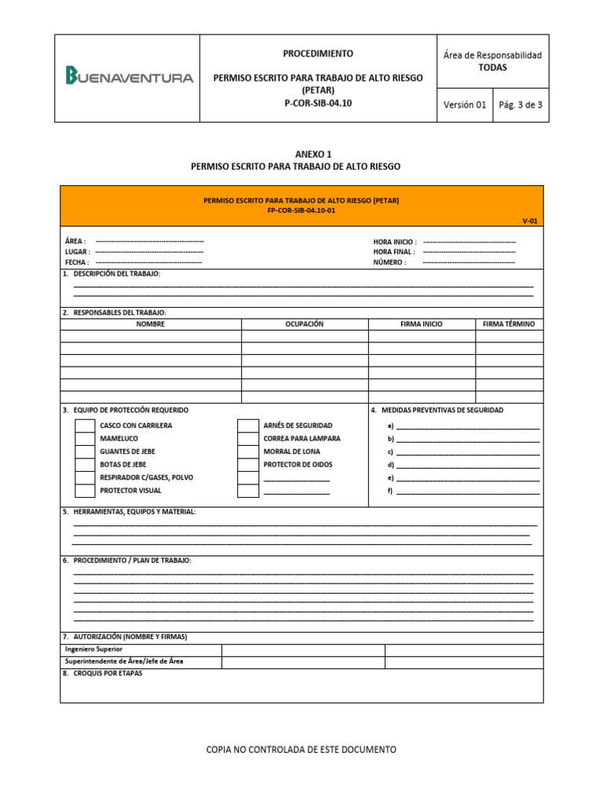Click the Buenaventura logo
[129, 77]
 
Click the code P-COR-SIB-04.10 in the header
[318, 102]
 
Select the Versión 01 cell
[465, 104]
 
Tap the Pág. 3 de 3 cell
[520, 104]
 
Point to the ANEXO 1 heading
[302, 155]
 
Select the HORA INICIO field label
[395, 242]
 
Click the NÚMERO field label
[389, 262]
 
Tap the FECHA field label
[77, 262]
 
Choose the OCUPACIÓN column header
[305, 323]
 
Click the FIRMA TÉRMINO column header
[509, 323]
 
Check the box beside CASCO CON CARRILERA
[85, 426]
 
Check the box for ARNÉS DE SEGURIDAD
[248, 426]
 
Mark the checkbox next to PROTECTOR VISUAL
[85, 491]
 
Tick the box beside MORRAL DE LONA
[248, 451]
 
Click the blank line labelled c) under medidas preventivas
[468, 453]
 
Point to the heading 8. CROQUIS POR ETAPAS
[103, 674]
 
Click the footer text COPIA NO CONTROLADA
[301, 750]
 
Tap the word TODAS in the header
[492, 68]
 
